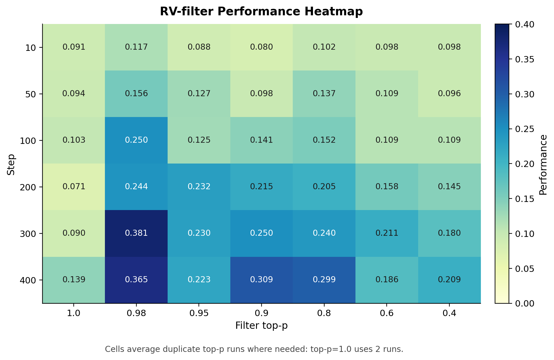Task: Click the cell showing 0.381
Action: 136,233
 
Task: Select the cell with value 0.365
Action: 136,280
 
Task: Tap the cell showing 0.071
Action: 74,187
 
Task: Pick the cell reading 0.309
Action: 261,280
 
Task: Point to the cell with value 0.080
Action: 261,47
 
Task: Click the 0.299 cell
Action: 324,280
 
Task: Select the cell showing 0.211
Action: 387,233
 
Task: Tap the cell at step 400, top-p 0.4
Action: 449,280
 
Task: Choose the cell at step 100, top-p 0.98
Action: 136,140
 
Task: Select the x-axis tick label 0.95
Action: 199,313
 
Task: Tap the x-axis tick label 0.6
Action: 387,313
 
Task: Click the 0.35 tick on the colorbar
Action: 525,60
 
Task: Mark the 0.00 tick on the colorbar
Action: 525,303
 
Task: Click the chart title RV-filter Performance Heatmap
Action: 261,12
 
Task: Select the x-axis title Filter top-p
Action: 261,326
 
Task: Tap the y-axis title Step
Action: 11,165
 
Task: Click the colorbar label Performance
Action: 543,165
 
